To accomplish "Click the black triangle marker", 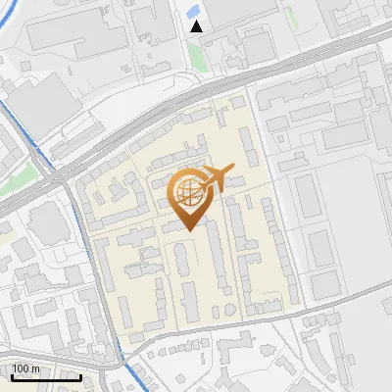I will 197,26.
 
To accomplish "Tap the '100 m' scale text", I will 25,368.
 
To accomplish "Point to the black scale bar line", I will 46,376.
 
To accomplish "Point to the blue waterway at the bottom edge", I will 132,377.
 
